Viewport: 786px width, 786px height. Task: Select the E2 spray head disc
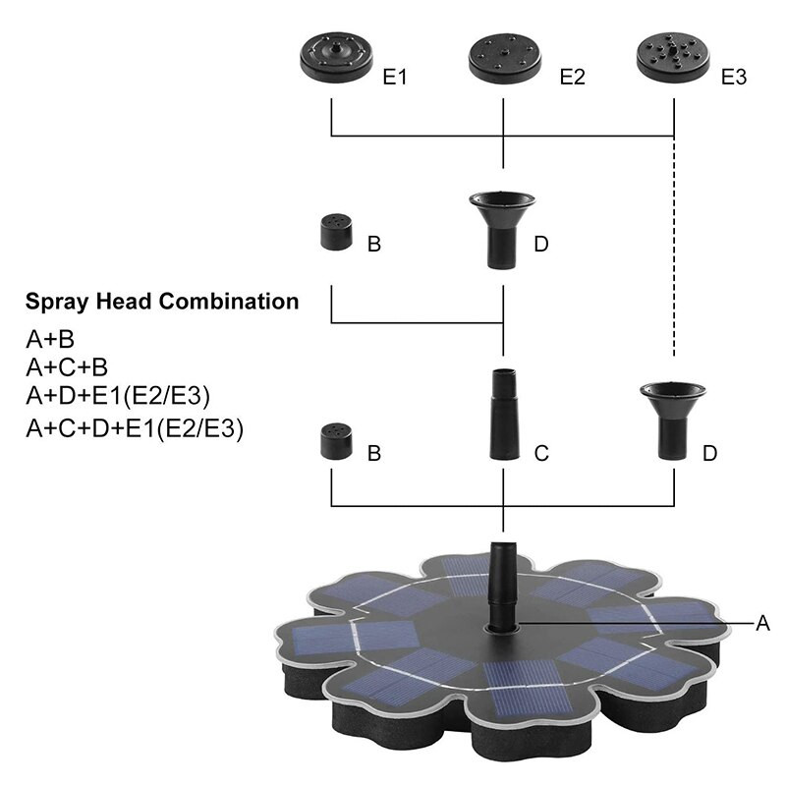(504, 59)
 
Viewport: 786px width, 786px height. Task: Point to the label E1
(395, 77)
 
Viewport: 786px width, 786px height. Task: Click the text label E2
(572, 77)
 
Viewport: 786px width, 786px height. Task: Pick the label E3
(734, 77)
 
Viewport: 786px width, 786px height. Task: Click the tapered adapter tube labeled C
(503, 415)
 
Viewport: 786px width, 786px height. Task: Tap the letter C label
(541, 453)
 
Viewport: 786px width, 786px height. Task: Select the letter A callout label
(761, 622)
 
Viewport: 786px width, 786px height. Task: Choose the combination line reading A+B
(50, 341)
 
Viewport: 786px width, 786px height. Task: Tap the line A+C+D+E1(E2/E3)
(134, 428)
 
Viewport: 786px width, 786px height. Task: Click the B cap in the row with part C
(335, 441)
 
